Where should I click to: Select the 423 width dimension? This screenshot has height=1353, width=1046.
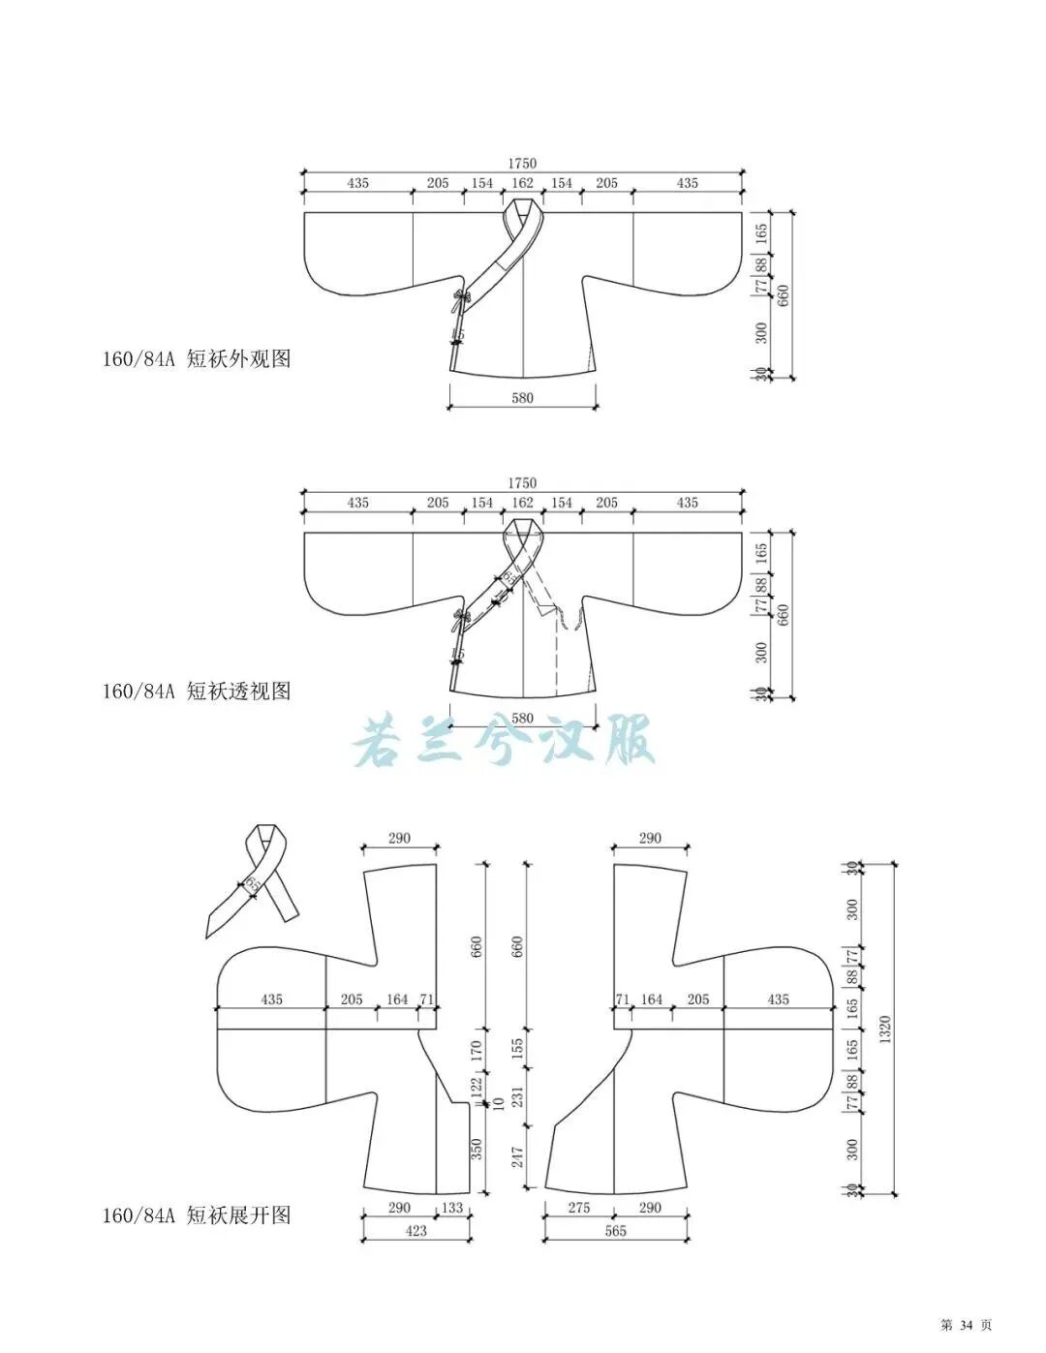tap(416, 1231)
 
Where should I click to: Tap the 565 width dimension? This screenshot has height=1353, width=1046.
tap(615, 1231)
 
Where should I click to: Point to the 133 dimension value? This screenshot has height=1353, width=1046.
tap(452, 1208)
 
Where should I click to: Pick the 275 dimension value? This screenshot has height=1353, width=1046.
tap(579, 1208)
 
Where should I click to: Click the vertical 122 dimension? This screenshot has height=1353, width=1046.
tap(477, 1088)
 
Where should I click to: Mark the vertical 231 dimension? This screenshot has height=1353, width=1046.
tap(517, 1097)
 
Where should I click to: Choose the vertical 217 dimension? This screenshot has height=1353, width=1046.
tap(517, 1156)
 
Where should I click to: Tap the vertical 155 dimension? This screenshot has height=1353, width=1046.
tap(517, 1048)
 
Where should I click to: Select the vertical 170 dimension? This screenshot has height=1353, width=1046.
tap(477, 1052)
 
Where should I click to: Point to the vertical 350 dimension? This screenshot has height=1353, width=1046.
tap(477, 1150)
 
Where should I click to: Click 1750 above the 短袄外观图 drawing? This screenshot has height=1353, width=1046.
tap(522, 164)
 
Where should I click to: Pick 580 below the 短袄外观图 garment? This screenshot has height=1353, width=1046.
tap(522, 398)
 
